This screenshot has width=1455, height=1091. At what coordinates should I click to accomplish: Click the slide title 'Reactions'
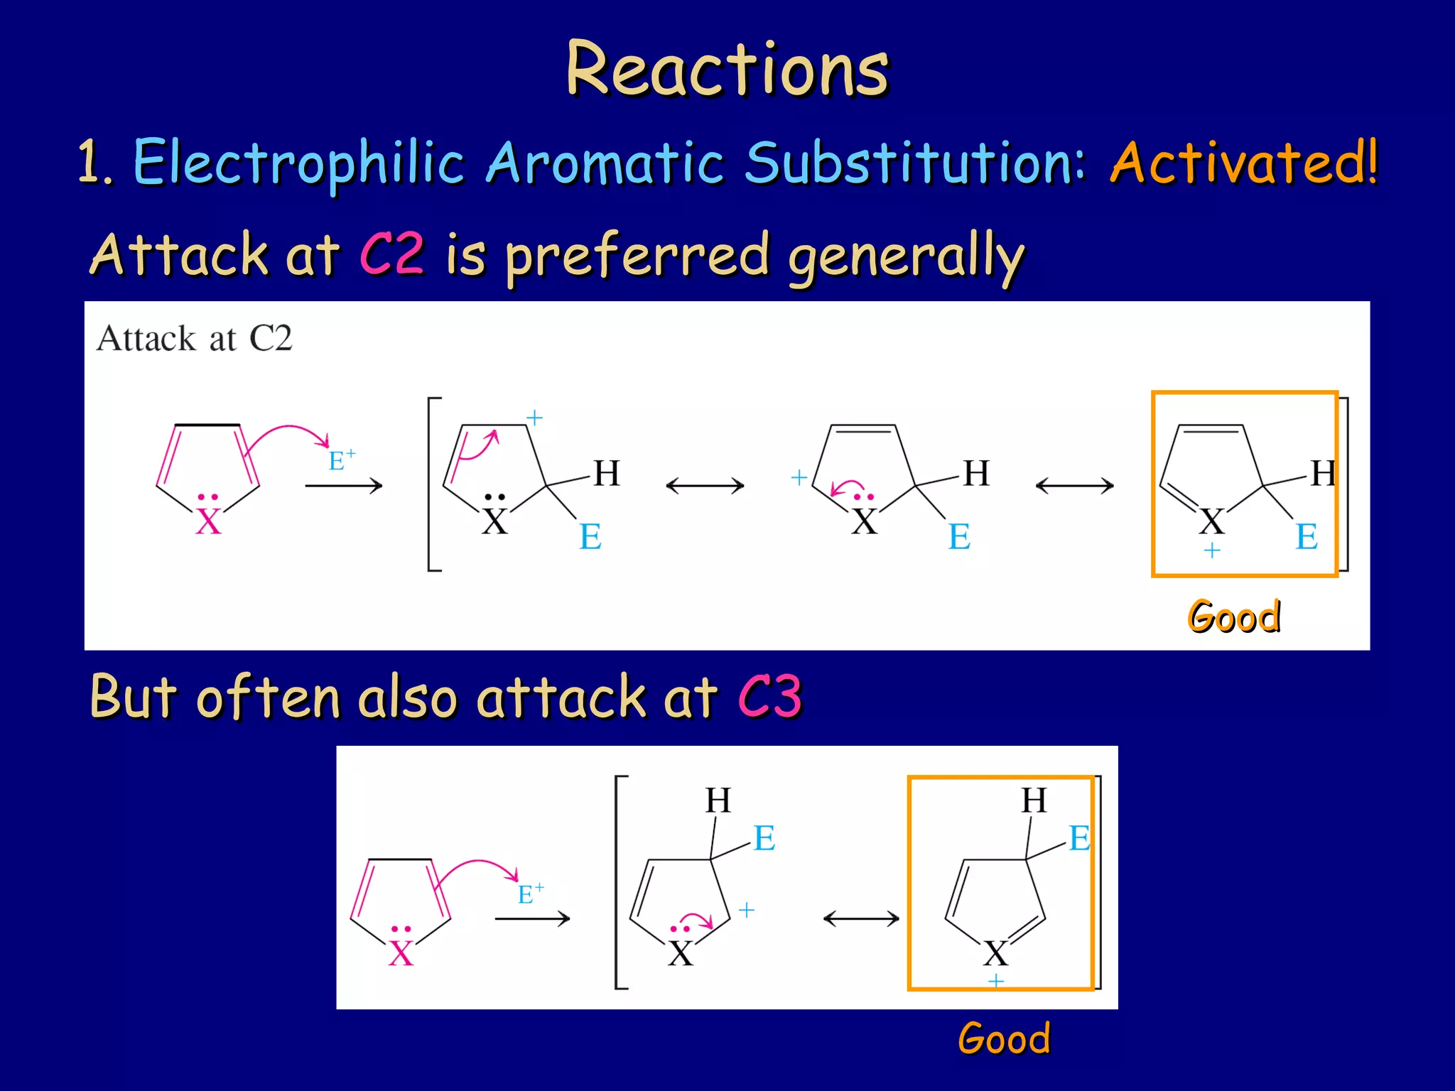click(727, 69)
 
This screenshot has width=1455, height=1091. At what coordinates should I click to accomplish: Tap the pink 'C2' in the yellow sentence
click(392, 254)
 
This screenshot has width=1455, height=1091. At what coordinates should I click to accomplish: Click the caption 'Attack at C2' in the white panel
click(195, 338)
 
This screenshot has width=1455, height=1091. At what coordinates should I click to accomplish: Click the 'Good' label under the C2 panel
click(1235, 616)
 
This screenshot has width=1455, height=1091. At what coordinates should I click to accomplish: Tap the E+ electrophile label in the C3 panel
click(530, 894)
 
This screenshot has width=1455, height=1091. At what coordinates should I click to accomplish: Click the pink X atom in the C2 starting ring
click(209, 522)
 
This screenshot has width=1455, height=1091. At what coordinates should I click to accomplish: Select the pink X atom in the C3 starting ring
click(401, 953)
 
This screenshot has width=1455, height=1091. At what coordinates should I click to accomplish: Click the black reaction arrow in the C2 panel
click(344, 486)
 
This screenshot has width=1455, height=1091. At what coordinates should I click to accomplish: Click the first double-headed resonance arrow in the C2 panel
click(705, 486)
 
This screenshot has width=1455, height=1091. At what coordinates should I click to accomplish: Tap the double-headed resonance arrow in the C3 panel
click(861, 919)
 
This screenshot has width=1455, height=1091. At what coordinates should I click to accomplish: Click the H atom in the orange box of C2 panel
click(1324, 473)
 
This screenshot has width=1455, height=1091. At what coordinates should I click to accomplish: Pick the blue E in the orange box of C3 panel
click(1079, 838)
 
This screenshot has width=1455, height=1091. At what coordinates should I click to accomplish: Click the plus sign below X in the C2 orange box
click(1212, 550)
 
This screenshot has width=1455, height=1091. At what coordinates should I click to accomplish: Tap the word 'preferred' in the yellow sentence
click(637, 255)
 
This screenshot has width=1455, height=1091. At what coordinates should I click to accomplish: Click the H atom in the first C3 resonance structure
click(718, 800)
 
